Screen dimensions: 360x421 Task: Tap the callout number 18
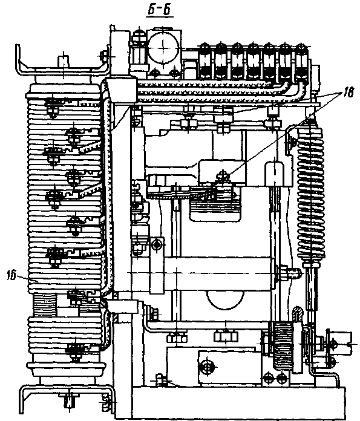tap(348, 93)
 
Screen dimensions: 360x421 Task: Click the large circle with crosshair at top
tap(163, 48)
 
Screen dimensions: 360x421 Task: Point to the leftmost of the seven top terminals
tap(205, 62)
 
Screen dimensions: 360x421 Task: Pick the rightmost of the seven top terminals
tap(301, 62)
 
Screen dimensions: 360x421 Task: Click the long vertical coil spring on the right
tap(311, 191)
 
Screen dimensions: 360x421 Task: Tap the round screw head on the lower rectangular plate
tap(206, 367)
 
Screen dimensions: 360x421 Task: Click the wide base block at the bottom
tap(239, 403)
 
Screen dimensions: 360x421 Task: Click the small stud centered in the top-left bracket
tap(63, 62)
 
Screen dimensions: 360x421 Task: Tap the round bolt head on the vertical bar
tap(157, 244)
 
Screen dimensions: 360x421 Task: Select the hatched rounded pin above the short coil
tap(298, 314)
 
